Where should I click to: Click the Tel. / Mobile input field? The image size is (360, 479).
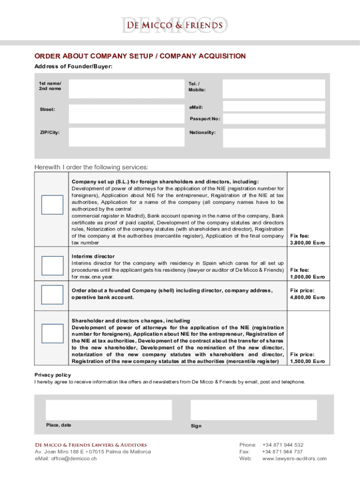(x=273, y=89)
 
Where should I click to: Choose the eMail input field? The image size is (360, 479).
(x=273, y=107)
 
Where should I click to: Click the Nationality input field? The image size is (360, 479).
(x=273, y=137)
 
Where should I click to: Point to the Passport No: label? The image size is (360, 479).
(x=205, y=119)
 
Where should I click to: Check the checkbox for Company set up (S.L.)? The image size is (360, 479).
(x=52, y=205)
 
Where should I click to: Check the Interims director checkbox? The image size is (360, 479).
(x=52, y=265)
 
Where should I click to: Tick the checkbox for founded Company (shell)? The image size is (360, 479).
(x=52, y=295)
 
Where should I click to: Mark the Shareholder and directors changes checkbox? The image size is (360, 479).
(x=52, y=334)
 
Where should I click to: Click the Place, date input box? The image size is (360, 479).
(x=108, y=410)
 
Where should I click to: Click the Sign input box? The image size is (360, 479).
(x=254, y=410)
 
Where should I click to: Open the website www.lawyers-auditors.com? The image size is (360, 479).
(x=295, y=459)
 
